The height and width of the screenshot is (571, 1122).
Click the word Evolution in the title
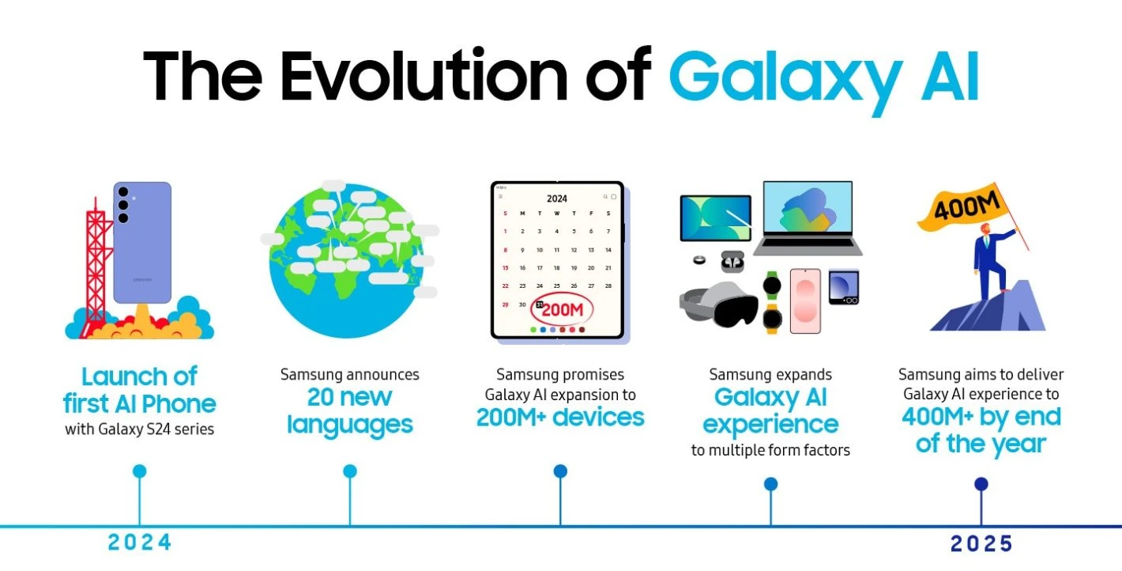coord(424,76)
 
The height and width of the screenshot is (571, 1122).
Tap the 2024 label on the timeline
coord(140,543)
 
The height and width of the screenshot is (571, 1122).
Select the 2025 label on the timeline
coord(981,544)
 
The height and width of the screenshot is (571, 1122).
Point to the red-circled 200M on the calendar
coord(562,309)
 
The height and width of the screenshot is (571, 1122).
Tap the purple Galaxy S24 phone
coord(142,243)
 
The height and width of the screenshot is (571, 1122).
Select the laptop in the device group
coord(808,218)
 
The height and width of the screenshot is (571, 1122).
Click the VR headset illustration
coord(719,304)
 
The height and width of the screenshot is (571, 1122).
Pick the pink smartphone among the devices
coord(805,301)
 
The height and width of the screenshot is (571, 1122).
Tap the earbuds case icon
coord(732,262)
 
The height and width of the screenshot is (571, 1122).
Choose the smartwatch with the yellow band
coord(772,319)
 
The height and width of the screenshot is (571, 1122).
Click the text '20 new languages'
coord(349,410)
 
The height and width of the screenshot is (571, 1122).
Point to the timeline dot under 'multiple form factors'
coord(771,484)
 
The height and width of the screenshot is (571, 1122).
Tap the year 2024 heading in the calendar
coord(557,199)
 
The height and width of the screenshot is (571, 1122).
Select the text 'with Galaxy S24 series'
coord(139,429)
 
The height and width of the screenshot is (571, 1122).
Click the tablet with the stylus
coord(716,218)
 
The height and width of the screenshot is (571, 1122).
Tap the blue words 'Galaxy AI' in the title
coord(824,80)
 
